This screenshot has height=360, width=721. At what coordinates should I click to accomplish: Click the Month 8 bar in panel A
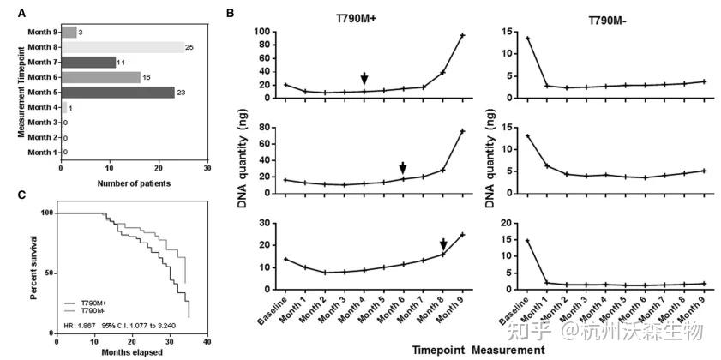122,47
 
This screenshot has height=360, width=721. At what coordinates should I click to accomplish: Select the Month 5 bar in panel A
117,92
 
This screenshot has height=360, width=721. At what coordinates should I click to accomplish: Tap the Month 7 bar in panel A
88,62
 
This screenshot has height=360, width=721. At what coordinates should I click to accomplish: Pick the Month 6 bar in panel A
100,77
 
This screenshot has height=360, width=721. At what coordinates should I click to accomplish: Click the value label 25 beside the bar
189,47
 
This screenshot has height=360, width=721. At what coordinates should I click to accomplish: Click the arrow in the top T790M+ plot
364,79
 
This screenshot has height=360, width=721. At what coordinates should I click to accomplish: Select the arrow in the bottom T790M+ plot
443,244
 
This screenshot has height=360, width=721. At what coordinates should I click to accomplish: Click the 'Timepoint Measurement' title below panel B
478,349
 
